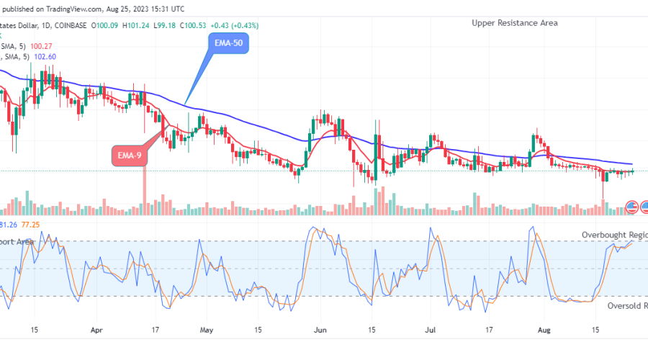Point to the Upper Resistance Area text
(x=514, y=23)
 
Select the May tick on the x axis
(x=207, y=332)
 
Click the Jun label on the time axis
(x=321, y=332)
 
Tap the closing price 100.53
(x=192, y=25)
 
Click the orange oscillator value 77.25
(x=30, y=225)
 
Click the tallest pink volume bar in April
(x=145, y=192)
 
